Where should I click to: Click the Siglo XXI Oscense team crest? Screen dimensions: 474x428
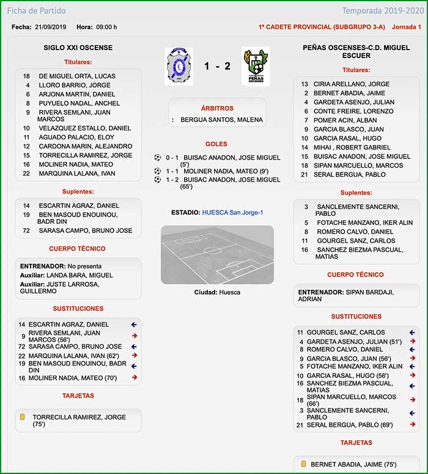tap(179, 66)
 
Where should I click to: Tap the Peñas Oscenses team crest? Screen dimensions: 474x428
tap(256, 67)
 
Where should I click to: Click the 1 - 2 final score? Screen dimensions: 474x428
tap(217, 66)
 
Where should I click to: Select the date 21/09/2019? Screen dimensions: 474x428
tap(51, 27)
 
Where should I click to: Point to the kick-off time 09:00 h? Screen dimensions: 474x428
tap(106, 27)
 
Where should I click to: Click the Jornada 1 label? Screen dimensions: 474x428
tap(406, 27)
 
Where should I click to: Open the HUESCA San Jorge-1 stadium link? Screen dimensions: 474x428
tap(233, 212)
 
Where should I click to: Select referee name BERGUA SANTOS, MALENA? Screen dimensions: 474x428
tap(222, 120)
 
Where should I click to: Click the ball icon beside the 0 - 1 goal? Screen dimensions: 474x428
tap(157, 158)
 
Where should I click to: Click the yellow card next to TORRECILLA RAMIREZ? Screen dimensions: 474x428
tap(22, 417)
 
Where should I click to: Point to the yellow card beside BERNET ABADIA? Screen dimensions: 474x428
tap(303, 464)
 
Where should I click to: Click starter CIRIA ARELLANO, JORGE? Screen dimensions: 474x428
tap(351, 84)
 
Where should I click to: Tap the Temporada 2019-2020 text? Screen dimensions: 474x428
tap(382, 11)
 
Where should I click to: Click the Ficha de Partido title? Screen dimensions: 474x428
tap(36, 11)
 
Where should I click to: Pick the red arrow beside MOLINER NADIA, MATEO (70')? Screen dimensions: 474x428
tap(135, 377)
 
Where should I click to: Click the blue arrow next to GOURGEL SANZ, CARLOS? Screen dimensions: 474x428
tap(412, 333)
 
